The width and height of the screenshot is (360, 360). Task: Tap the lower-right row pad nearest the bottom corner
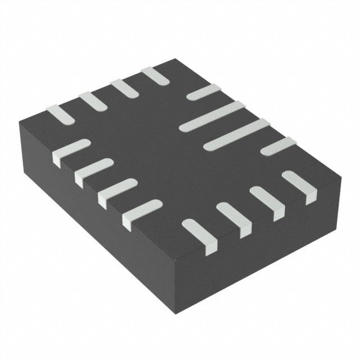point(200,233)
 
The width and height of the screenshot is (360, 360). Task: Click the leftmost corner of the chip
point(18,119)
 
